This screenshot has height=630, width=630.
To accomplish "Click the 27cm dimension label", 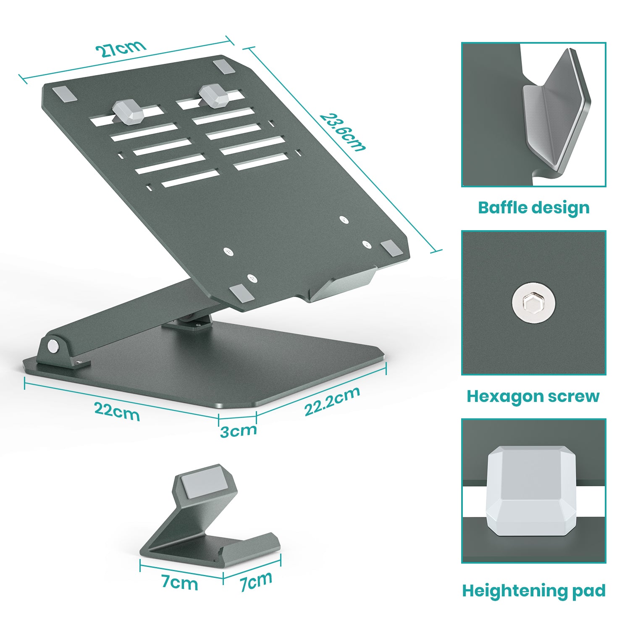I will [x=121, y=49].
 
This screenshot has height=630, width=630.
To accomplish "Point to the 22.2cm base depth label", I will [x=332, y=401].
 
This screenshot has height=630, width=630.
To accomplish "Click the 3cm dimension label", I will [x=238, y=430].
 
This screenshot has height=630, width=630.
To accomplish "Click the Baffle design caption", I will [x=533, y=207].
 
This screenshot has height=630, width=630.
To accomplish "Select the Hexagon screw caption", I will [x=533, y=396].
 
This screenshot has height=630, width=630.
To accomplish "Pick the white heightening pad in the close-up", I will [x=532, y=491].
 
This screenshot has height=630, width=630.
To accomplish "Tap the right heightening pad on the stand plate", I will [x=214, y=95].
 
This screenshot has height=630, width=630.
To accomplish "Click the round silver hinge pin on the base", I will [x=53, y=346].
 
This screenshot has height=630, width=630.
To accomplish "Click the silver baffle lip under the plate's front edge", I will [x=342, y=287].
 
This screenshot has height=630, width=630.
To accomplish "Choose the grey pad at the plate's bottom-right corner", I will [x=391, y=248].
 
